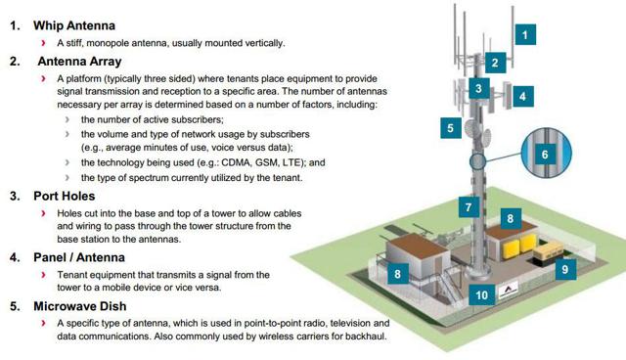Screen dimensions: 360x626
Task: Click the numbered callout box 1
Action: [525, 35]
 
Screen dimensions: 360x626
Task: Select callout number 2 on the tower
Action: [495, 64]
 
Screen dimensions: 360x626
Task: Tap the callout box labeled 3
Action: [477, 89]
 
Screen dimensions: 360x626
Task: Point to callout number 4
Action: [523, 97]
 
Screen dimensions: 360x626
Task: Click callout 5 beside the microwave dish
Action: [450, 127]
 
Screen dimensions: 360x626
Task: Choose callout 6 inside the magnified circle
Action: [545, 155]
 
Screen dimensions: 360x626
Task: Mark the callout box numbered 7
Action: [469, 207]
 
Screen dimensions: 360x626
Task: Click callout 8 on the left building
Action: [398, 275]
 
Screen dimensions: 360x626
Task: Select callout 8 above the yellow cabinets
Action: [510, 219]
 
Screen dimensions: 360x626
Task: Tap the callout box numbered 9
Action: [563, 267]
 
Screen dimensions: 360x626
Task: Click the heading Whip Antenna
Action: [73, 25]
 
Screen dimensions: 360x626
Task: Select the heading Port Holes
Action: [67, 196]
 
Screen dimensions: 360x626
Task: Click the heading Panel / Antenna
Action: [79, 257]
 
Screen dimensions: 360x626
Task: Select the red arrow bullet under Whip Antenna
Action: [44, 44]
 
